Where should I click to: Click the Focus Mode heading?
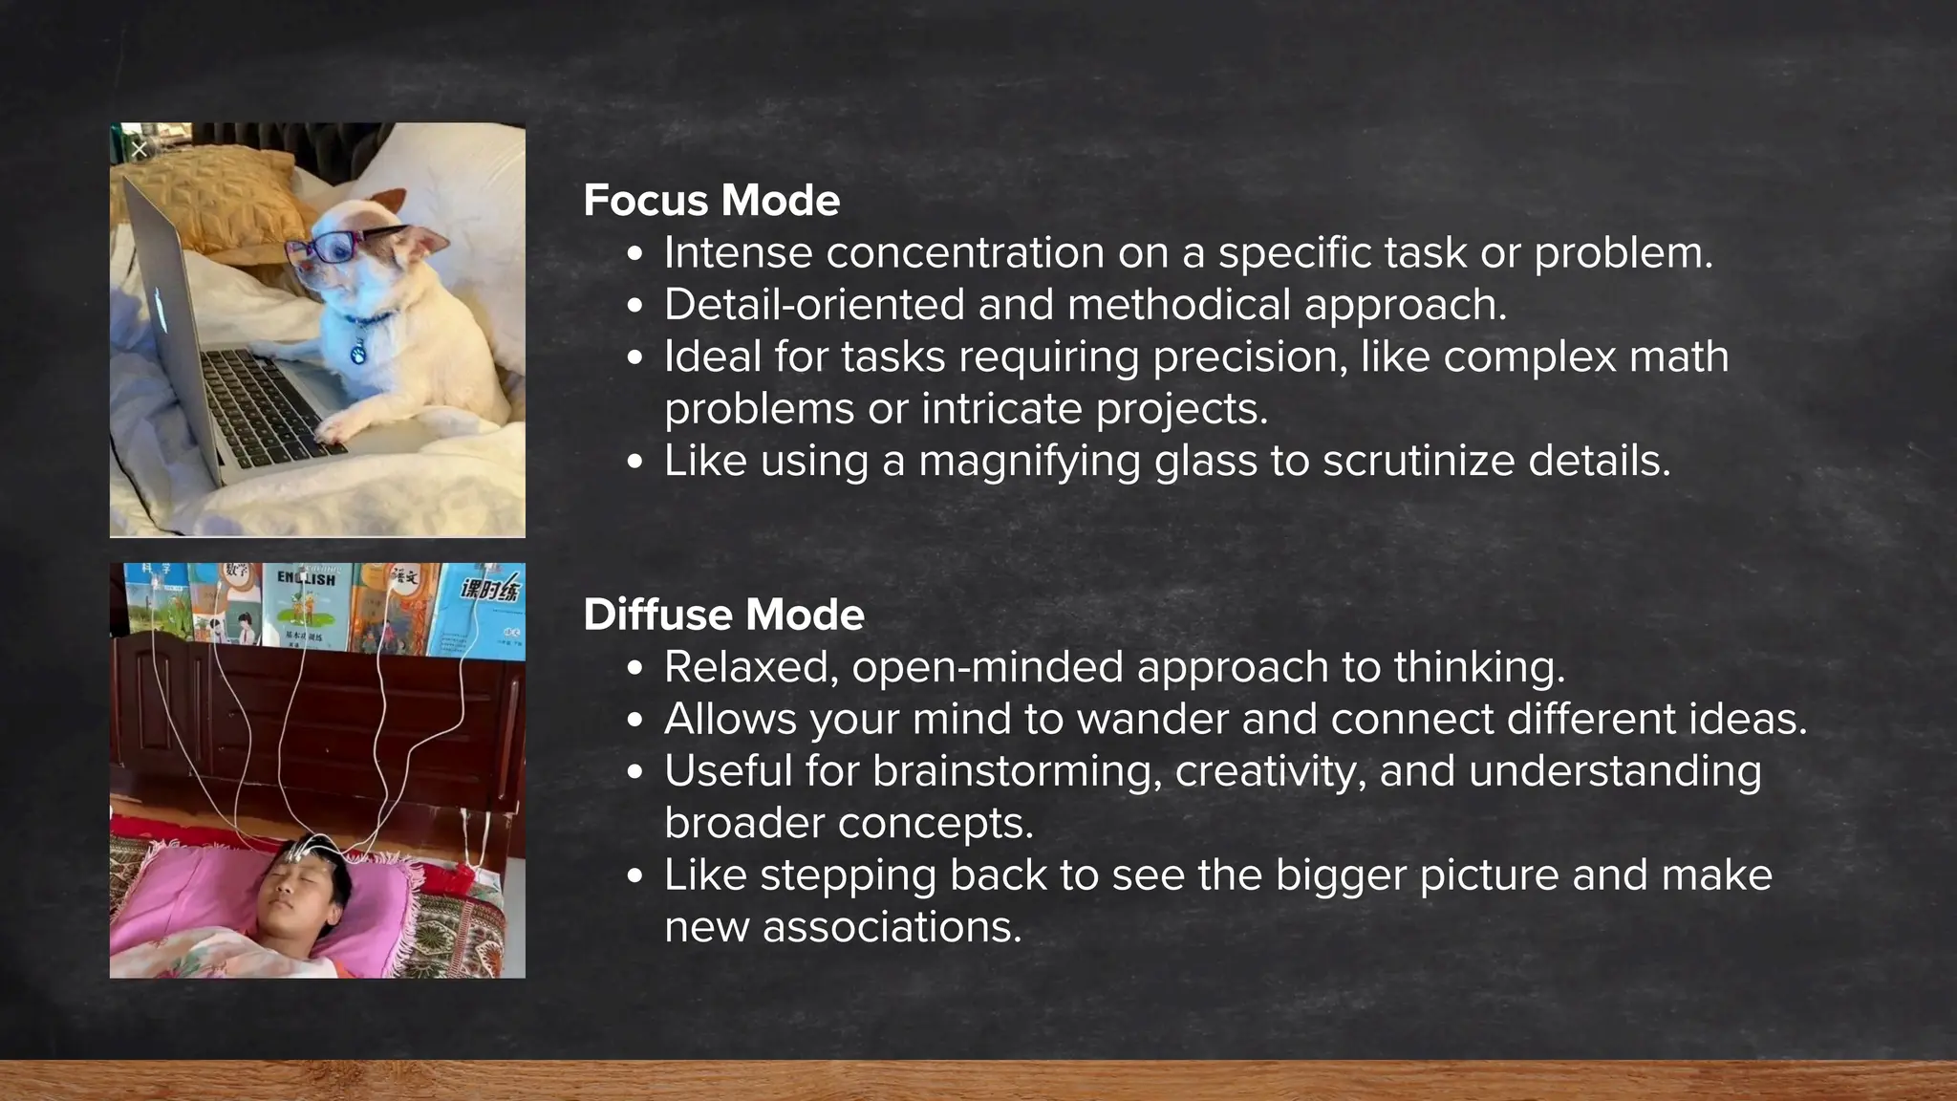(711, 201)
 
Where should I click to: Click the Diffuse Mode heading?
(723, 615)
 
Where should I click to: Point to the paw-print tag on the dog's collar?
(358, 353)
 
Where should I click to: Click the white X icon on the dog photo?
(140, 149)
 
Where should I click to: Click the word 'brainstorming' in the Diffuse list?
(1017, 771)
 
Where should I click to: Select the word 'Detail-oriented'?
(814, 305)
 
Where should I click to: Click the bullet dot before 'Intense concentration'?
(636, 255)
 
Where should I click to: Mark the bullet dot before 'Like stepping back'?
(636, 877)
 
